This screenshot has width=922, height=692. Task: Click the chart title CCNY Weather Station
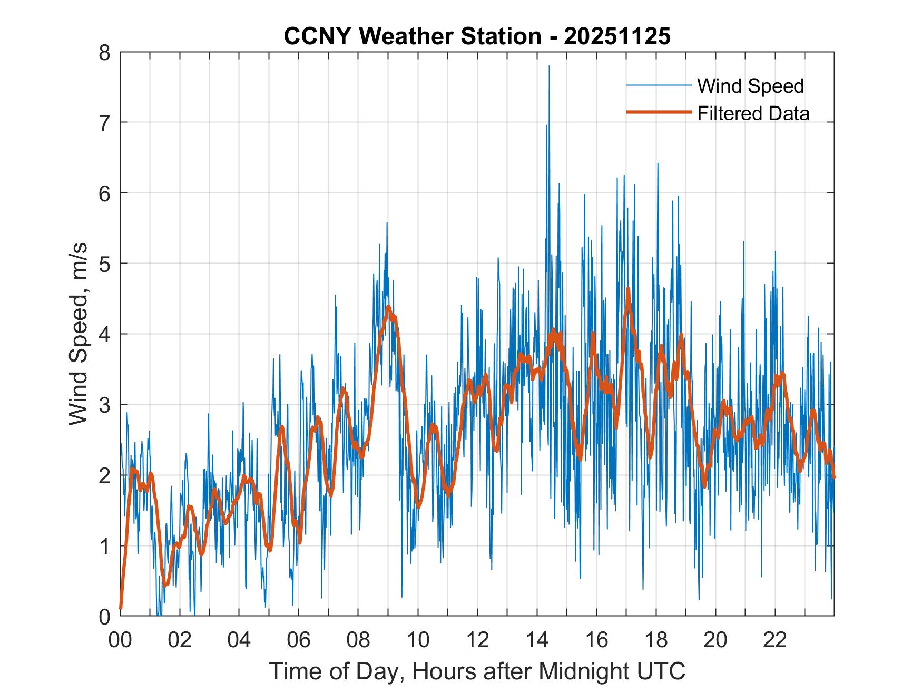click(412, 37)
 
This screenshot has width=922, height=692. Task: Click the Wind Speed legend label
click(750, 86)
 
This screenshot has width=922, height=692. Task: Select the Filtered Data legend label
click(753, 113)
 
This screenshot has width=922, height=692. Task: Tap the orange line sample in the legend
click(658, 112)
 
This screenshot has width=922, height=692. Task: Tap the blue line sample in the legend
click(658, 85)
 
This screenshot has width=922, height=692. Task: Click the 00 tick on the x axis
click(120, 641)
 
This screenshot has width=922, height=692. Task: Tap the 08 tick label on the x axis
click(358, 641)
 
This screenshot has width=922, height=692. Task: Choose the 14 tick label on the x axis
click(537, 641)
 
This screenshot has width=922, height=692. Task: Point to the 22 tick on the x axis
click(775, 641)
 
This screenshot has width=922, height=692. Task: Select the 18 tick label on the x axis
click(656, 641)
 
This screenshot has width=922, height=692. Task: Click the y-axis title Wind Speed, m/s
click(79, 334)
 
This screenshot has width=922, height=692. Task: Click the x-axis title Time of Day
click(477, 671)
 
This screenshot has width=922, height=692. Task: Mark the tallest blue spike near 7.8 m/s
click(549, 67)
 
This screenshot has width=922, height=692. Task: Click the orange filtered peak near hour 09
click(388, 307)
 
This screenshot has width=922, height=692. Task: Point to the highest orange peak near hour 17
click(628, 289)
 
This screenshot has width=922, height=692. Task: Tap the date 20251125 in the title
click(617, 37)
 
